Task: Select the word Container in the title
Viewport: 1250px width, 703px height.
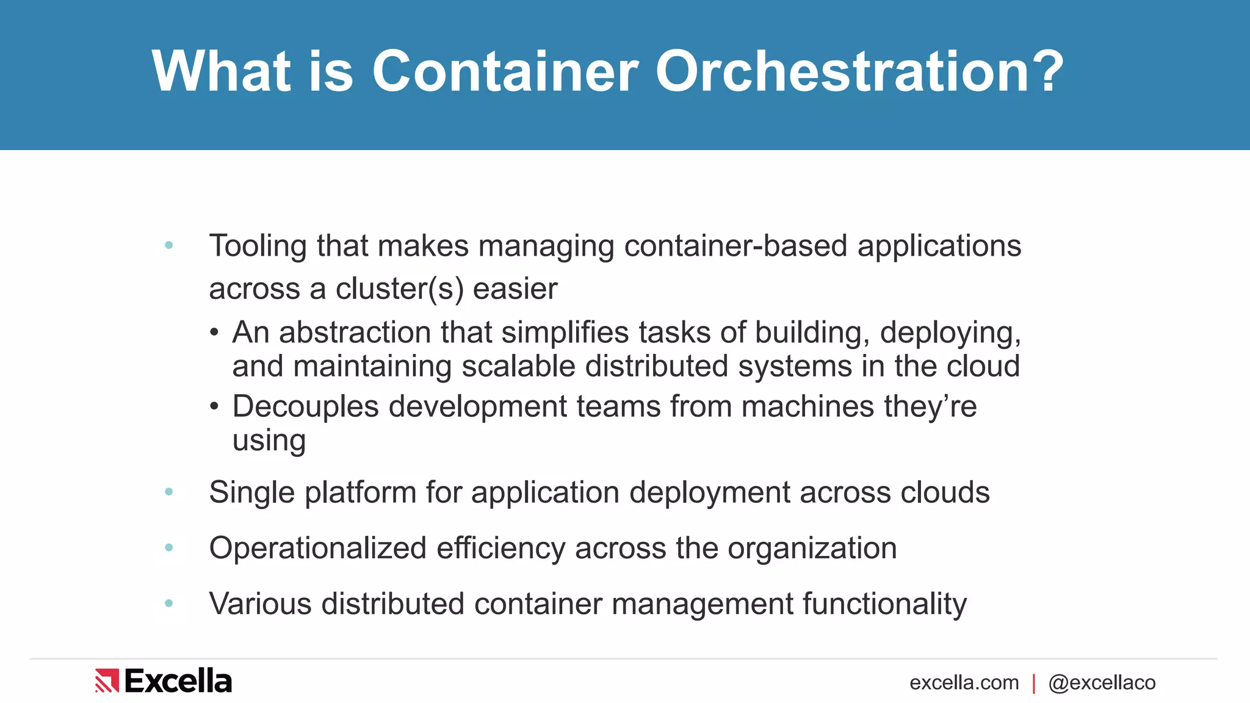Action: point(505,72)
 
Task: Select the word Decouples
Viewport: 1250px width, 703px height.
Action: point(305,407)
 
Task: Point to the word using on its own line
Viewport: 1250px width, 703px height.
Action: point(269,441)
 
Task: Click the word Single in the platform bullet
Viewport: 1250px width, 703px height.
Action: point(251,493)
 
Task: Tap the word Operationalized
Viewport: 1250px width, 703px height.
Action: point(317,549)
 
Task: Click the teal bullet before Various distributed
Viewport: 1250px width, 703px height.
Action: point(169,604)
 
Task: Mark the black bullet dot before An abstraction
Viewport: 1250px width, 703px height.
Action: point(214,333)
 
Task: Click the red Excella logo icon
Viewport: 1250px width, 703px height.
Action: point(107,681)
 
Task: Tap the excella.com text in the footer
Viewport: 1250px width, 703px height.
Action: point(964,683)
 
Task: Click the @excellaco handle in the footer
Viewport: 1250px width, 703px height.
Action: point(1102,683)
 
